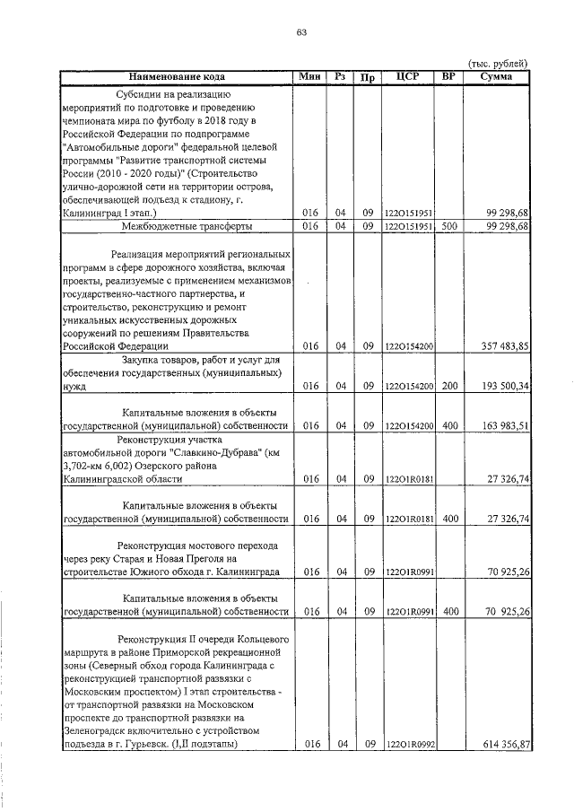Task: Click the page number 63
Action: click(x=301, y=34)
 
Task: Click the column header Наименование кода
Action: click(x=176, y=77)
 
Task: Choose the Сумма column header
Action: click(x=496, y=77)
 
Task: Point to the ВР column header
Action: click(x=448, y=77)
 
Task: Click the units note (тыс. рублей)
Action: click(x=498, y=63)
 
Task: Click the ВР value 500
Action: click(x=449, y=227)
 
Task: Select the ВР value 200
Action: click(x=449, y=387)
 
